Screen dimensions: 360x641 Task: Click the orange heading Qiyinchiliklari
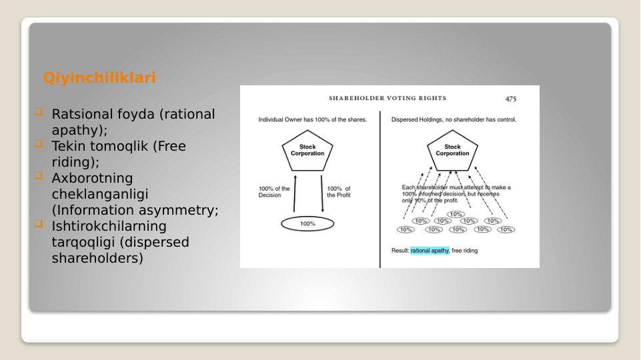coord(99,78)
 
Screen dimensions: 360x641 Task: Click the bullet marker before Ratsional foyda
coord(38,112)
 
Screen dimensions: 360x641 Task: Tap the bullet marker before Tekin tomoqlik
coord(38,144)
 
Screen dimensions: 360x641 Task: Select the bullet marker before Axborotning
coord(38,176)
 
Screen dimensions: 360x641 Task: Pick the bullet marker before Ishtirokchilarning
coord(38,224)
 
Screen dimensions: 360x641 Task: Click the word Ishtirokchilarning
coord(109,226)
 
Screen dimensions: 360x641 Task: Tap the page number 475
coord(510,99)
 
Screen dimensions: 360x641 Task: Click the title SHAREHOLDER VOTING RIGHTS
coord(388,99)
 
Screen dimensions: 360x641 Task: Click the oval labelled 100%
coord(307,224)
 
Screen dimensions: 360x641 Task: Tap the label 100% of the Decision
coord(274,192)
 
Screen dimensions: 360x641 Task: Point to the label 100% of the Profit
coord(339,192)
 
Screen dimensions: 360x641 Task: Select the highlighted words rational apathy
coord(430,251)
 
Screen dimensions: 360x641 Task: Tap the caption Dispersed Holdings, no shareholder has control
coord(454,120)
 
